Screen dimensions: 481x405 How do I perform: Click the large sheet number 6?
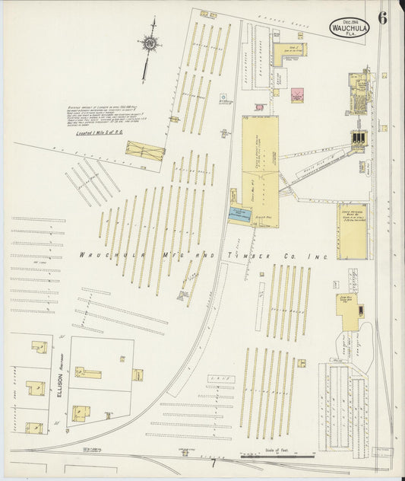(382, 18)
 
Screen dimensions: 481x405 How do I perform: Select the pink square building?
(297, 95)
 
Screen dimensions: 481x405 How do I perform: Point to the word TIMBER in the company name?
(243, 256)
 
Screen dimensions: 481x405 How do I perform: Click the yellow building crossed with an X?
(144, 151)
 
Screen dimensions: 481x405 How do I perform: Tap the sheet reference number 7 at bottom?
(214, 463)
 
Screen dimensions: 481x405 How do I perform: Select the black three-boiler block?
(359, 138)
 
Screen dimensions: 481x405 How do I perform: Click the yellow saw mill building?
(350, 312)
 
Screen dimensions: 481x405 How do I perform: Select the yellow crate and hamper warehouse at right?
(352, 231)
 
